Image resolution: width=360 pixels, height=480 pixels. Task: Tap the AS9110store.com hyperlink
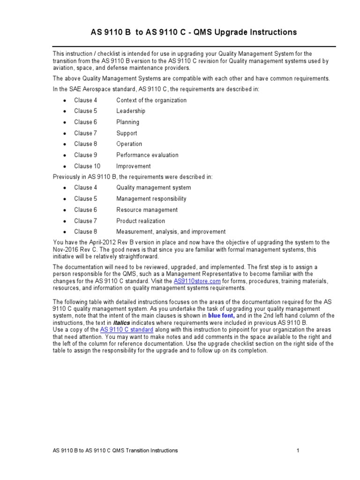click(197, 281)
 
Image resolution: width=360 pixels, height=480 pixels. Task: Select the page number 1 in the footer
click(298, 450)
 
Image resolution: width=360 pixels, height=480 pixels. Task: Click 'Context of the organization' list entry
click(151, 100)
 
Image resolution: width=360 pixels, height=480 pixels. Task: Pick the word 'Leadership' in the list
click(131, 111)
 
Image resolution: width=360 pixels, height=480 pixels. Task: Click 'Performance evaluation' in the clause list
click(147, 155)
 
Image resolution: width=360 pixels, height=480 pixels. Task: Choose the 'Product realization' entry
click(141, 221)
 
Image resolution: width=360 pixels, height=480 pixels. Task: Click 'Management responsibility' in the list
click(151, 199)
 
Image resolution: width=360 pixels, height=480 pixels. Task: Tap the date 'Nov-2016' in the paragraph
click(65, 249)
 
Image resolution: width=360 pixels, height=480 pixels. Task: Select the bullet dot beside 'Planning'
click(64, 122)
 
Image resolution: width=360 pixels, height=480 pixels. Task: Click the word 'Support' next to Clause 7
click(127, 133)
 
